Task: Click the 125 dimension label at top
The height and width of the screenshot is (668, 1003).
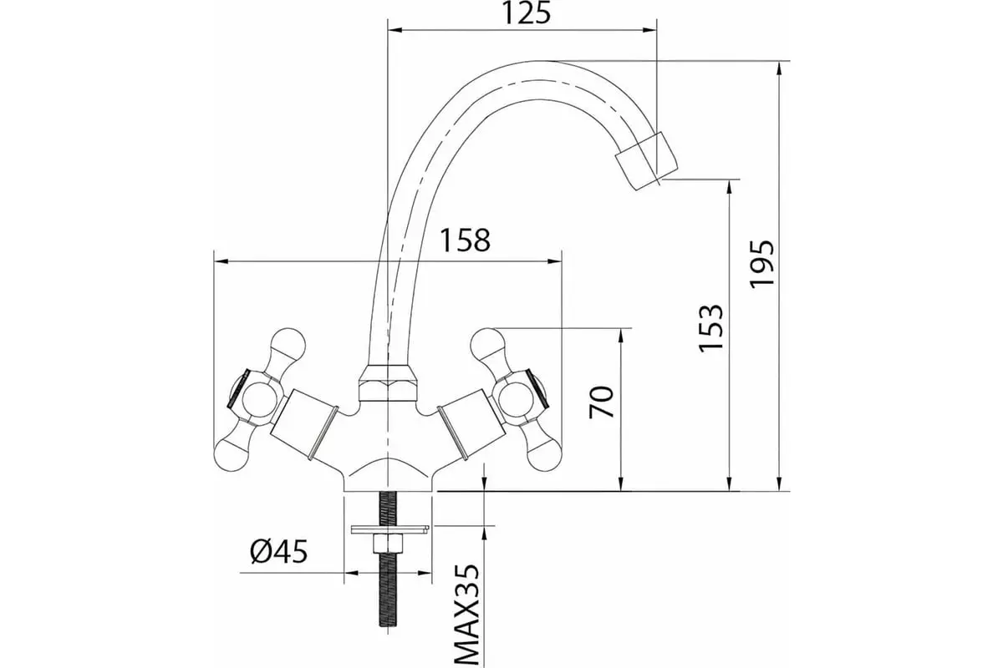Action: (526, 14)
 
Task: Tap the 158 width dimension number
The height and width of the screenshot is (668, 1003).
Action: (466, 240)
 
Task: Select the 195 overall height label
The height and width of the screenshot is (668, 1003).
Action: (762, 265)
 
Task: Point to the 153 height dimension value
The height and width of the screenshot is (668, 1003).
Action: (711, 328)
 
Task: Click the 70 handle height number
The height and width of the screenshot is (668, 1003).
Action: (601, 402)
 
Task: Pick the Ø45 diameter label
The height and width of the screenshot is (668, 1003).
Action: (279, 551)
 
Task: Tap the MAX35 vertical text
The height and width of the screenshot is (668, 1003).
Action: (467, 615)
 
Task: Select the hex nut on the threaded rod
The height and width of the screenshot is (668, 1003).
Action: (387, 544)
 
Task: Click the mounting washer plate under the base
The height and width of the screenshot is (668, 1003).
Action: (390, 529)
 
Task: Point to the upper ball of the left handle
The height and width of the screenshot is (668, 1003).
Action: (288, 345)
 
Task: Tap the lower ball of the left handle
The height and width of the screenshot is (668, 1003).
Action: (232, 454)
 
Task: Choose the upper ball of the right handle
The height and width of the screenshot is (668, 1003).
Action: (487, 345)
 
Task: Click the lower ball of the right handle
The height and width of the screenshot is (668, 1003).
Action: (544, 454)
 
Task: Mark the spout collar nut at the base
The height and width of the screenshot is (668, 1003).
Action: (388, 383)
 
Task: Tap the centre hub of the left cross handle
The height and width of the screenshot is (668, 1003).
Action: (259, 399)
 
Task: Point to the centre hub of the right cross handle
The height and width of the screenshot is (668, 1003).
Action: (517, 399)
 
